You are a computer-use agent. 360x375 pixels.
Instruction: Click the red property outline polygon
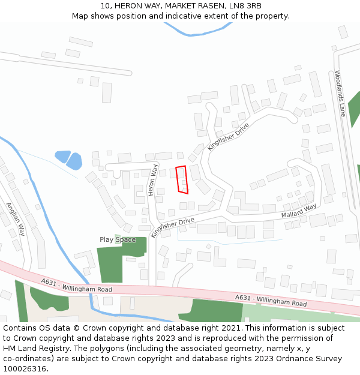click(182, 180)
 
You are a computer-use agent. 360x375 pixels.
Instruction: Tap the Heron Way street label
click(154, 180)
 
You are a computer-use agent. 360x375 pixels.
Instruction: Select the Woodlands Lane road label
click(340, 93)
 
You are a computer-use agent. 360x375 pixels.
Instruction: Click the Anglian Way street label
click(16, 219)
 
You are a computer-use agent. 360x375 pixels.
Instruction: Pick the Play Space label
click(118, 240)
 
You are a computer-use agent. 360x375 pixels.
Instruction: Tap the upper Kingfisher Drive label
click(228, 137)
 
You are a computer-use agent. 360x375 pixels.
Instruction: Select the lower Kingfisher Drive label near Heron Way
click(173, 227)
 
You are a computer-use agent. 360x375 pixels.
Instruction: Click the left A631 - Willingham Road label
click(77, 285)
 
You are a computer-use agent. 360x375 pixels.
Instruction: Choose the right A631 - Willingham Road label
click(271, 301)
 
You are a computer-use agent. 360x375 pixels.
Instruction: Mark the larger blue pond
click(74, 161)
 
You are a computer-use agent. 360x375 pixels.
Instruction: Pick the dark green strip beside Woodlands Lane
click(354, 108)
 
